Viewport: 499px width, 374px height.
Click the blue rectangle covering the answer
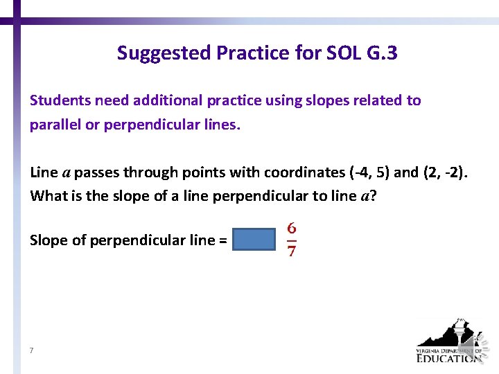click(254, 240)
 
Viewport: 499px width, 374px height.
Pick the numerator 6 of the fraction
click(292, 228)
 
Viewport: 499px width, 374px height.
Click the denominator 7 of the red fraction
click(292, 251)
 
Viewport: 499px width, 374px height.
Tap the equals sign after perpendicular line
click(222, 240)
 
